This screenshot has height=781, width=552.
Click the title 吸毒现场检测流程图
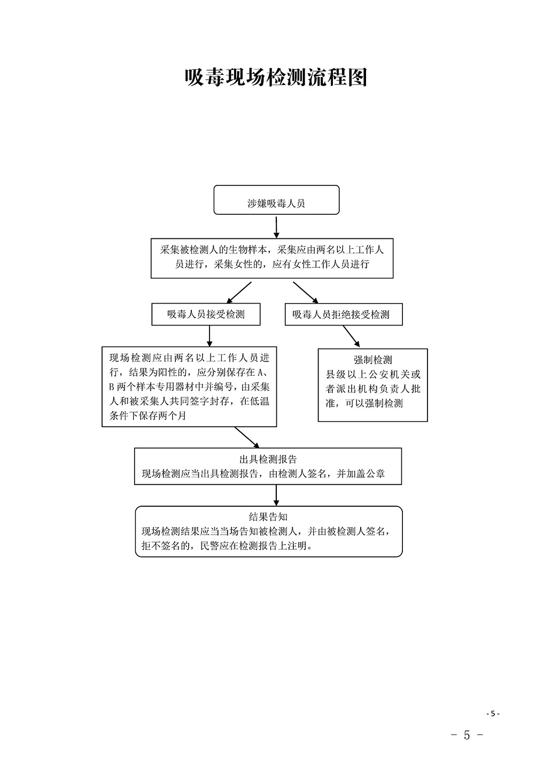coord(276,78)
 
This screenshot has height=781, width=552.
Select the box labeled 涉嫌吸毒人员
coord(276,200)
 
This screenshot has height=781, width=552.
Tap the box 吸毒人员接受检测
coord(206,314)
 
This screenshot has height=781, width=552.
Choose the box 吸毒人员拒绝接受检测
coord(344,314)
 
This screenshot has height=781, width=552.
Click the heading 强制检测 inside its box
coord(373,359)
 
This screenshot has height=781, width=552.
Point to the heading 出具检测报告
coord(268,459)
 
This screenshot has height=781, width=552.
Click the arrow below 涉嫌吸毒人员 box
coord(276,227)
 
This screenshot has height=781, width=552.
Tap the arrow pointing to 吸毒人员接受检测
coord(239,292)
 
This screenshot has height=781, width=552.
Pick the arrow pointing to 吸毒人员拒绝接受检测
coord(306,292)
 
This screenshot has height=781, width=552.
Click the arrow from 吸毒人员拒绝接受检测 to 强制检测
coord(351,336)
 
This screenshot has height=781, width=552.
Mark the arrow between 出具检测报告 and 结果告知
coord(276,495)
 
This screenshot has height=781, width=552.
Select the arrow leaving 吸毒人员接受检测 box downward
coord(209,336)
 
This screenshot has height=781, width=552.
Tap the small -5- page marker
coord(493,713)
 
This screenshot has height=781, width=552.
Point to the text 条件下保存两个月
coord(148,415)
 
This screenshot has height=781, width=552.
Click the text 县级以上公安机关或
coord(373,374)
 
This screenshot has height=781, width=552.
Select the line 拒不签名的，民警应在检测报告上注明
coord(227,546)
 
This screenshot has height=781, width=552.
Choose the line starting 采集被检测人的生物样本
coord(272,250)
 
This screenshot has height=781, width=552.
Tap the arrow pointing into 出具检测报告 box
coord(247,437)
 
